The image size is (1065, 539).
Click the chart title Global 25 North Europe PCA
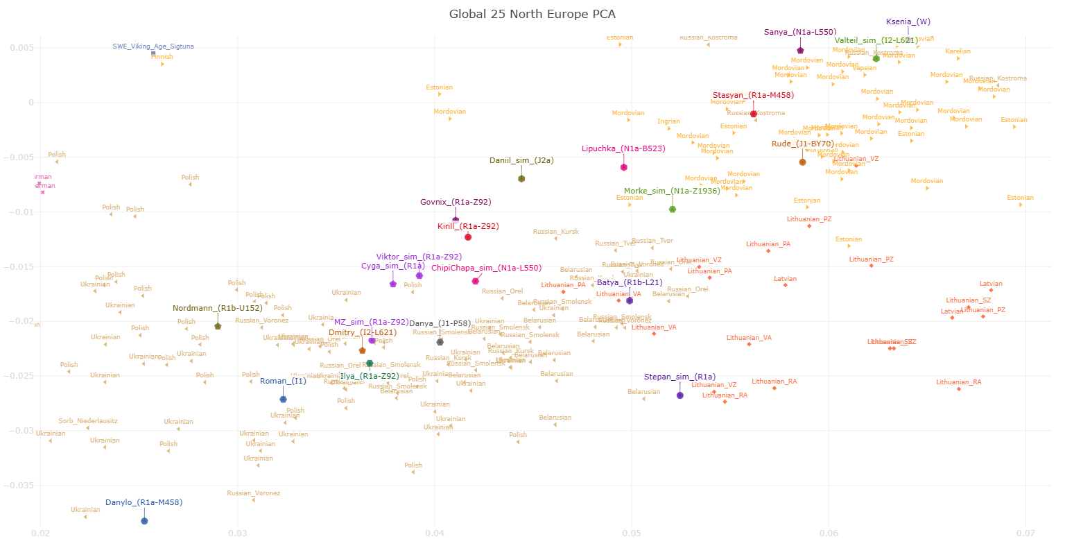point(532,14)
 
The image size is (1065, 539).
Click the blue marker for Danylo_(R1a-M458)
point(144,521)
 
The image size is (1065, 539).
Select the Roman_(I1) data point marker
point(283,399)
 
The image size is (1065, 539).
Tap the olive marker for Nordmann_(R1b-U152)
point(218,326)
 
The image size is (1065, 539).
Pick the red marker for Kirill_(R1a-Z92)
point(468,237)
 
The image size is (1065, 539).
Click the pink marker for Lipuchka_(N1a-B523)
point(624,167)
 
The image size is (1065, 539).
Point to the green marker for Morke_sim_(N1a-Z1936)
point(673,209)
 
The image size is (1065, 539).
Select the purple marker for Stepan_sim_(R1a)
point(680,395)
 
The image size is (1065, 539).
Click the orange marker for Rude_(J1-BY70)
point(803,162)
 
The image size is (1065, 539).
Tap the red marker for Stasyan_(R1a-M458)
point(754,114)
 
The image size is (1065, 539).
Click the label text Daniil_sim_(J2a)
point(521,160)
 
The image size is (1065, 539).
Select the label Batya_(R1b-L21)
point(630,282)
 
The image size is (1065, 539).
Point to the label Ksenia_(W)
point(908,22)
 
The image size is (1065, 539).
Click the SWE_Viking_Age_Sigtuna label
point(153,46)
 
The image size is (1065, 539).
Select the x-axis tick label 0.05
point(632,533)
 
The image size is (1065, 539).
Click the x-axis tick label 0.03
point(238,533)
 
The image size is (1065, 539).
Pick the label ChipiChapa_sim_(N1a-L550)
point(486,268)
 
